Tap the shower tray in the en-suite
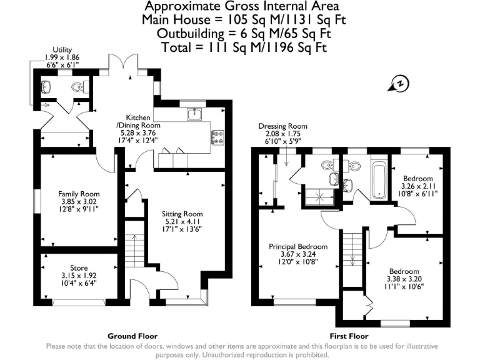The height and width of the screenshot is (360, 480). click(318, 198)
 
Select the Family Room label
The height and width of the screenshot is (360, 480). click(79, 194)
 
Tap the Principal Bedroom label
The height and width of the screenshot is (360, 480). click(298, 246)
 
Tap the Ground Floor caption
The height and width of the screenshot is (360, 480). click(132, 336)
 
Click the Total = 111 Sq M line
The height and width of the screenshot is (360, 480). click(243, 47)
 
